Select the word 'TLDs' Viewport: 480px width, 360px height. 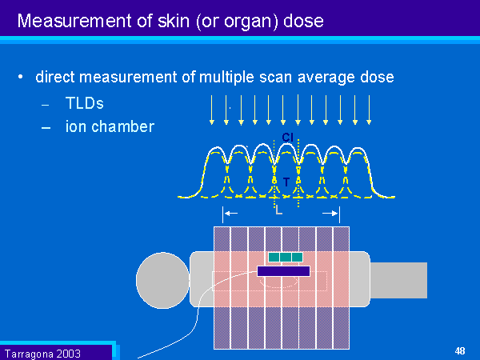85,103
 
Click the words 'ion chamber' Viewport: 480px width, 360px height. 110,126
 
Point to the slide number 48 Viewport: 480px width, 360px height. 460,350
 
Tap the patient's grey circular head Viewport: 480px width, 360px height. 162,280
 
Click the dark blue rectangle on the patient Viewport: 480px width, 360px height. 283,271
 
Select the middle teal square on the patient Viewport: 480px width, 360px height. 286,258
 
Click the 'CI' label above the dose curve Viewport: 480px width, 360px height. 288,137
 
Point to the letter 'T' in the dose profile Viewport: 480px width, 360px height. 286,182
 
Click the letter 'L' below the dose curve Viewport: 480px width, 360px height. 278,211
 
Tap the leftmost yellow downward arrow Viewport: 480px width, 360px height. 212,110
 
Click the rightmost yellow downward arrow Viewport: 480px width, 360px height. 369,110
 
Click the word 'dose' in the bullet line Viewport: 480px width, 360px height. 377,78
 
